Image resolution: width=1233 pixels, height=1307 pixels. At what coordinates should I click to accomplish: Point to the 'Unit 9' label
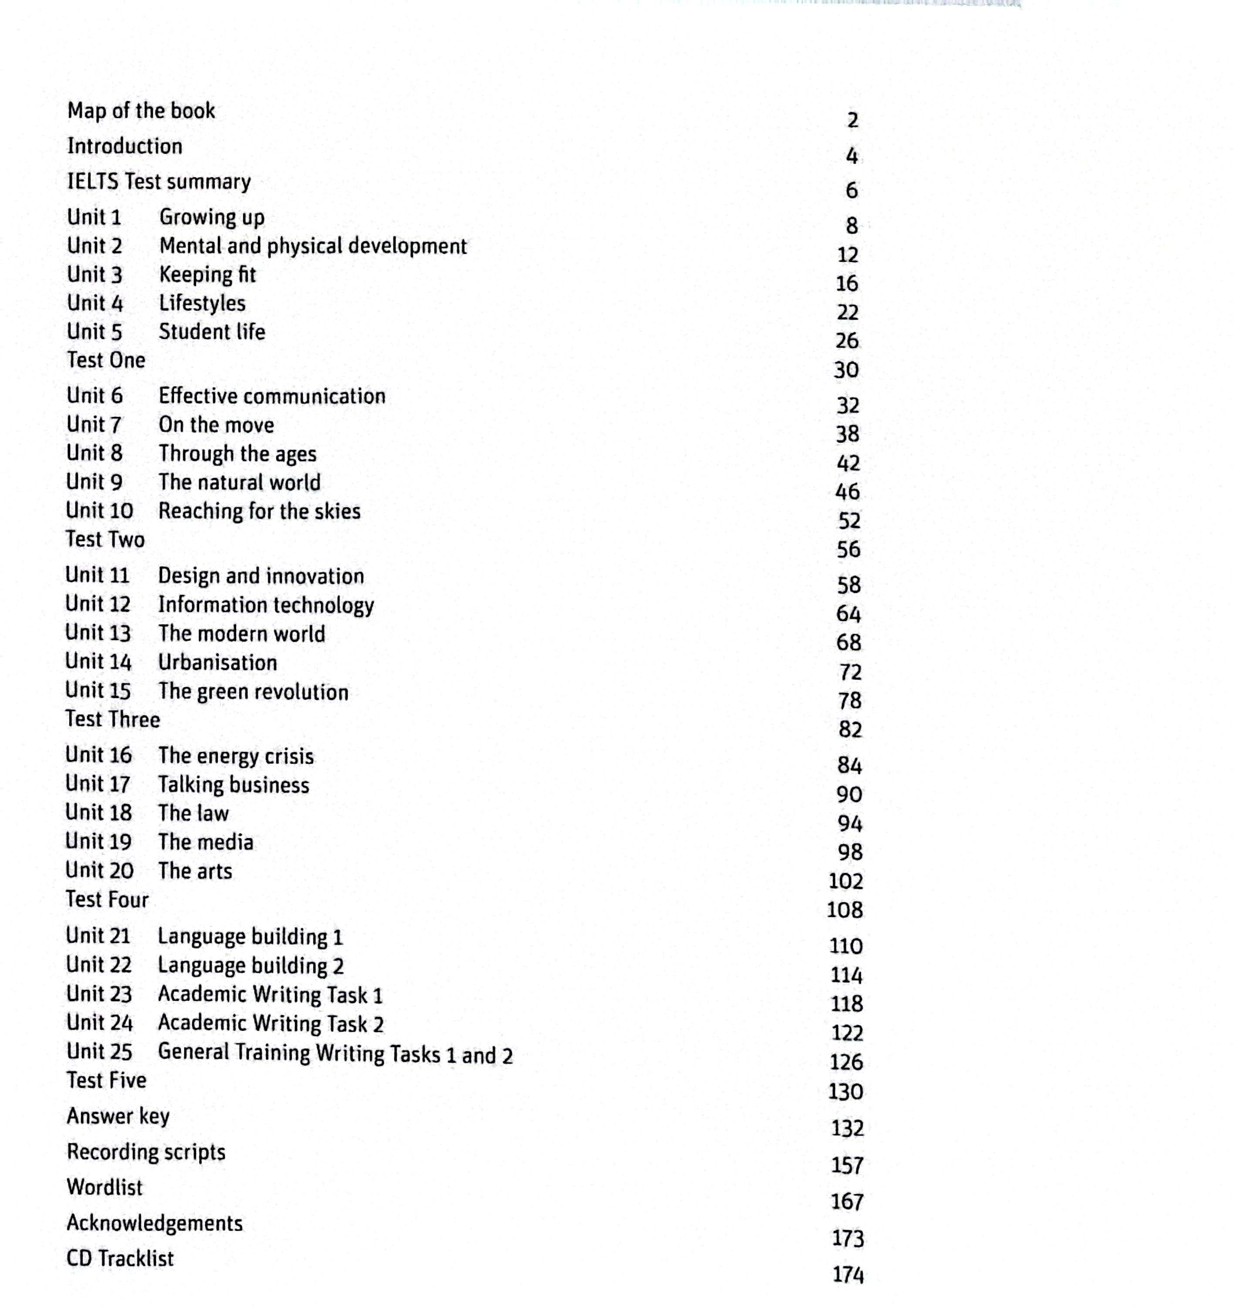94,482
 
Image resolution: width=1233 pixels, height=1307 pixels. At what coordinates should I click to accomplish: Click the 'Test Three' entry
112,719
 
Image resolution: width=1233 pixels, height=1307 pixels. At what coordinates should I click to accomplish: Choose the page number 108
844,910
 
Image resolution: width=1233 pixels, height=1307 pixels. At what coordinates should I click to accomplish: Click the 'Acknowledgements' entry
155,1223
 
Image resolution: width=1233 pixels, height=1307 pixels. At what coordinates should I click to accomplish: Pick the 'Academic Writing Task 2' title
270,1024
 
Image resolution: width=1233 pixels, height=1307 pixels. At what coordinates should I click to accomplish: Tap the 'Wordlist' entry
105,1187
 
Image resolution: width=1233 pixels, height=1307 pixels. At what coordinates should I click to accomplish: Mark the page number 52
848,521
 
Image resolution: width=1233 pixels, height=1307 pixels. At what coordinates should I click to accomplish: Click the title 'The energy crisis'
235,756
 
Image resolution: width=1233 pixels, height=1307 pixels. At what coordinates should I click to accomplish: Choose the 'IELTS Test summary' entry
159,181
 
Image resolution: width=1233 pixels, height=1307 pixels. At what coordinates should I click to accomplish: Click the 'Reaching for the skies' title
259,511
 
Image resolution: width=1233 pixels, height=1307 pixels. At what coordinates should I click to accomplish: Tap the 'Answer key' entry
119,1116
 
